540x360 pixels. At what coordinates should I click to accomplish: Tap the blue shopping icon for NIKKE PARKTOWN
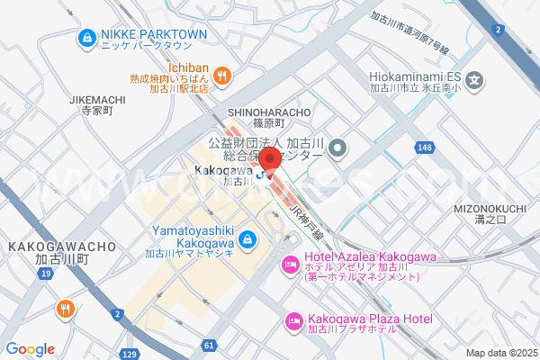click(x=86, y=38)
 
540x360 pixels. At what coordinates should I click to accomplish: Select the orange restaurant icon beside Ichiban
click(x=223, y=76)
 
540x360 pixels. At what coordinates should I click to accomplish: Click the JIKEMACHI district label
click(x=94, y=99)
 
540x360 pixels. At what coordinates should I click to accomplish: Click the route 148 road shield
click(x=425, y=147)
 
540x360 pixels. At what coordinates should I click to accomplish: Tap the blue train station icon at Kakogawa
click(x=262, y=174)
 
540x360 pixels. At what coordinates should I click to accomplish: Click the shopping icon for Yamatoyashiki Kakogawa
click(x=249, y=240)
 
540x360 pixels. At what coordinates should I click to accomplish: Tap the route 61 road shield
click(x=209, y=345)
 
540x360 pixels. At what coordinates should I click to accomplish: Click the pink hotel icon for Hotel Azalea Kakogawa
click(x=290, y=265)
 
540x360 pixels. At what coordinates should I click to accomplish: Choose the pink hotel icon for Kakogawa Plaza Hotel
click(x=293, y=320)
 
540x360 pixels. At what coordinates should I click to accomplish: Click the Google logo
click(x=30, y=349)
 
